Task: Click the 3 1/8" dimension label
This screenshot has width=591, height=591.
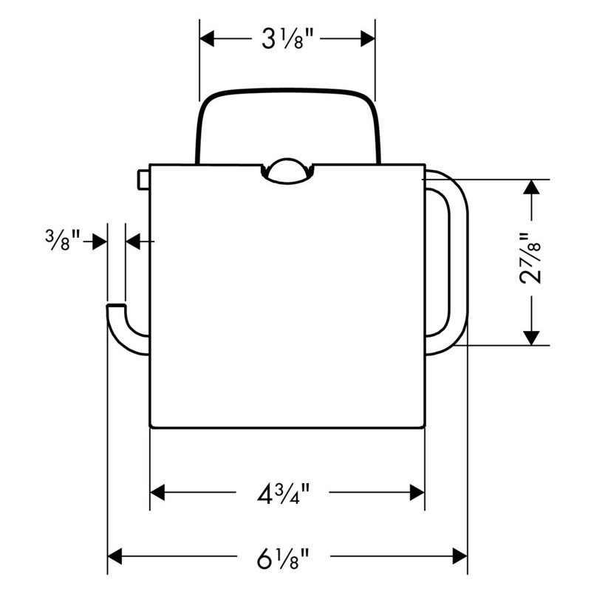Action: coord(287,39)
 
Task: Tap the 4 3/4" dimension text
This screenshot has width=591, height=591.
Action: coord(283,493)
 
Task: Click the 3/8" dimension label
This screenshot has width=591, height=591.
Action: coord(63,239)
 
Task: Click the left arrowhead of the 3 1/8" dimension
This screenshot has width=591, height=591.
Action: coord(207,39)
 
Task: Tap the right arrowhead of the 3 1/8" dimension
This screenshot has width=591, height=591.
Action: coord(368,39)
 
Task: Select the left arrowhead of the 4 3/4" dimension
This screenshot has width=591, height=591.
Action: coord(157,493)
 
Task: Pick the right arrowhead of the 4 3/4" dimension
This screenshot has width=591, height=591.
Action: coord(417,493)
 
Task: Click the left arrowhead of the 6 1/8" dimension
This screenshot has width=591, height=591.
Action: coord(115,556)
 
